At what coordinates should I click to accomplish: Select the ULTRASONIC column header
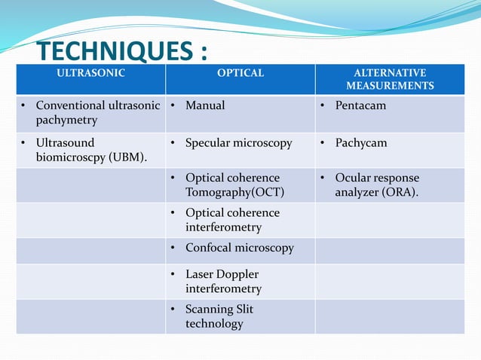pos(91,73)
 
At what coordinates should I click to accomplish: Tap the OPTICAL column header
pos(240,73)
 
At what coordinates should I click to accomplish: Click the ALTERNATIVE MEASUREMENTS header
pos(390,79)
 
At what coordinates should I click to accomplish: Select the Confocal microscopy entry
pos(239,248)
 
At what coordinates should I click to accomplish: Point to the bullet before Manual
pos(173,105)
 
